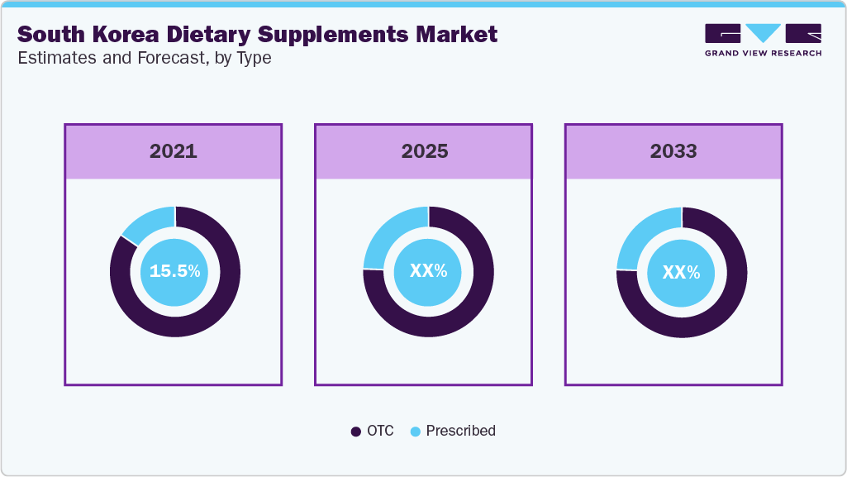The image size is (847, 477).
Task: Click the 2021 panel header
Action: coord(174,151)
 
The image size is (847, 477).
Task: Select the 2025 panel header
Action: coord(425,151)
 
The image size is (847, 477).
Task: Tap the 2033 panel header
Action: coord(673,151)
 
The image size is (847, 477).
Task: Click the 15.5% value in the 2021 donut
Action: coord(174,271)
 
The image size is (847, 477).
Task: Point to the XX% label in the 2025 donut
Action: coord(428,271)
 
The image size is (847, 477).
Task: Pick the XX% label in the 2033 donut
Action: coord(682,271)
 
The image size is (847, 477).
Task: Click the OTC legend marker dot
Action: coord(356,432)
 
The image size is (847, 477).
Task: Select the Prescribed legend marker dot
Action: coord(415,432)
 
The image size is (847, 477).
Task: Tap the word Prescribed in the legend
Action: coord(460,431)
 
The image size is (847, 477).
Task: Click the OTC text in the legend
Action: coord(380,431)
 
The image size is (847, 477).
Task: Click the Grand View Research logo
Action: coord(763,40)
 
